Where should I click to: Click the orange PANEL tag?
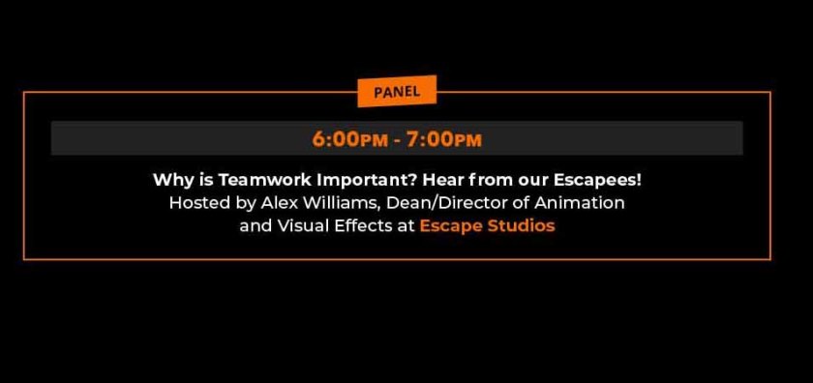pyautogui.click(x=397, y=91)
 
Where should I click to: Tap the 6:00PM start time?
pyautogui.click(x=350, y=139)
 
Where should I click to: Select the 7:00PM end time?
pyautogui.click(x=444, y=139)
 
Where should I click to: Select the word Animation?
pyautogui.click(x=579, y=202)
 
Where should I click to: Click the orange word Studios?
pyautogui.click(x=521, y=225)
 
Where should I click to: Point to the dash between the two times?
pyautogui.click(x=397, y=140)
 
